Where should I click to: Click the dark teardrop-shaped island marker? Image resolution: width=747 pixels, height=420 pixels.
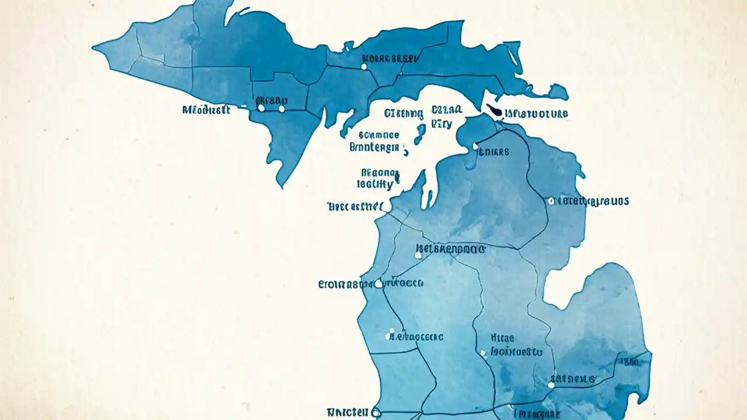point(494,110)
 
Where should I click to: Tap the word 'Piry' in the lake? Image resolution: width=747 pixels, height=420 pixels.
point(441,124)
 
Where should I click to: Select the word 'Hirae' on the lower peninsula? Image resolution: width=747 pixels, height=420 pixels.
point(502,338)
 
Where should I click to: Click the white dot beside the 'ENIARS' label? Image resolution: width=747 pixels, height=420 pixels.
point(475,146)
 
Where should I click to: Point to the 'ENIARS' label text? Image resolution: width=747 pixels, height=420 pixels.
point(494,152)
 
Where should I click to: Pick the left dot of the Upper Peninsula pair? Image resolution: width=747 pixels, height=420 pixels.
point(261,108)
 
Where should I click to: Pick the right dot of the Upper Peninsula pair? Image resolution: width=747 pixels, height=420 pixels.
point(282,109)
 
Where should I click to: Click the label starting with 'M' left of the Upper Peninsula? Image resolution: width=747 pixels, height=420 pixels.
point(206,110)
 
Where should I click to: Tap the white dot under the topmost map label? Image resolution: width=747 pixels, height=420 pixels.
point(364,67)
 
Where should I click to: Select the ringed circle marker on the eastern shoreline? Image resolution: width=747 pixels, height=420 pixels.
point(551,201)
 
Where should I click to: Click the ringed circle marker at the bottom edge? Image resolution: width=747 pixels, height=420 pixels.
point(375,412)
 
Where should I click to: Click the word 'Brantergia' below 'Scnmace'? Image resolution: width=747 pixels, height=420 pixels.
point(375,147)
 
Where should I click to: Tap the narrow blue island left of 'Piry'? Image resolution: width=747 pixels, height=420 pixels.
point(420,134)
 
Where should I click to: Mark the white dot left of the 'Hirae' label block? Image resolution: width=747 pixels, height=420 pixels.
point(483,353)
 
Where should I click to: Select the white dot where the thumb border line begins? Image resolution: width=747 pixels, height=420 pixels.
point(551,385)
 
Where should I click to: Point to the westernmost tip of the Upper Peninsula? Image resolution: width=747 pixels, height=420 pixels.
point(93,45)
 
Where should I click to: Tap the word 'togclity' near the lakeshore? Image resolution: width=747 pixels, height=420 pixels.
point(375,184)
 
